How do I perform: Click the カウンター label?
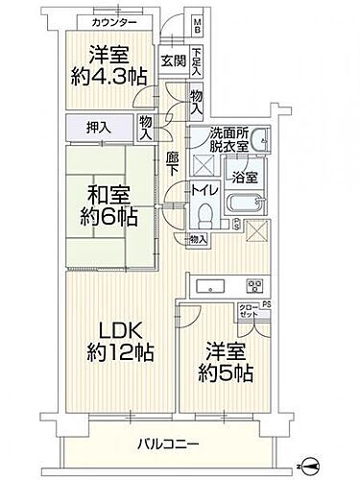106,21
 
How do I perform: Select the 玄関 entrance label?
173,61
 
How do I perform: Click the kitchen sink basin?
207,285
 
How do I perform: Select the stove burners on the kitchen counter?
255,284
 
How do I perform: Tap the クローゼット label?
250,313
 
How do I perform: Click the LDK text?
105,330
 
